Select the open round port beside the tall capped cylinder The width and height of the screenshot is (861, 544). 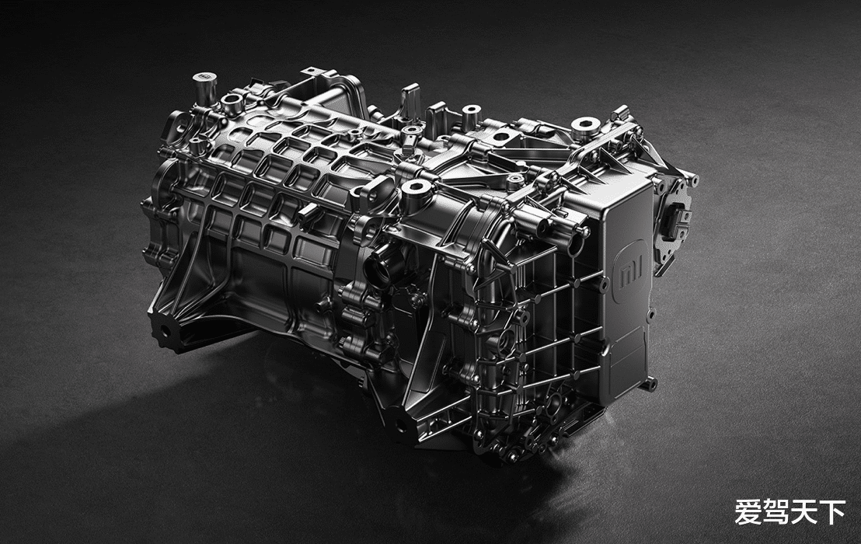[x=231, y=101]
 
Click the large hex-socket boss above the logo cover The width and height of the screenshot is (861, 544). [x=585, y=127]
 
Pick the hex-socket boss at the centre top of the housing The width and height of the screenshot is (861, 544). [x=416, y=190]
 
